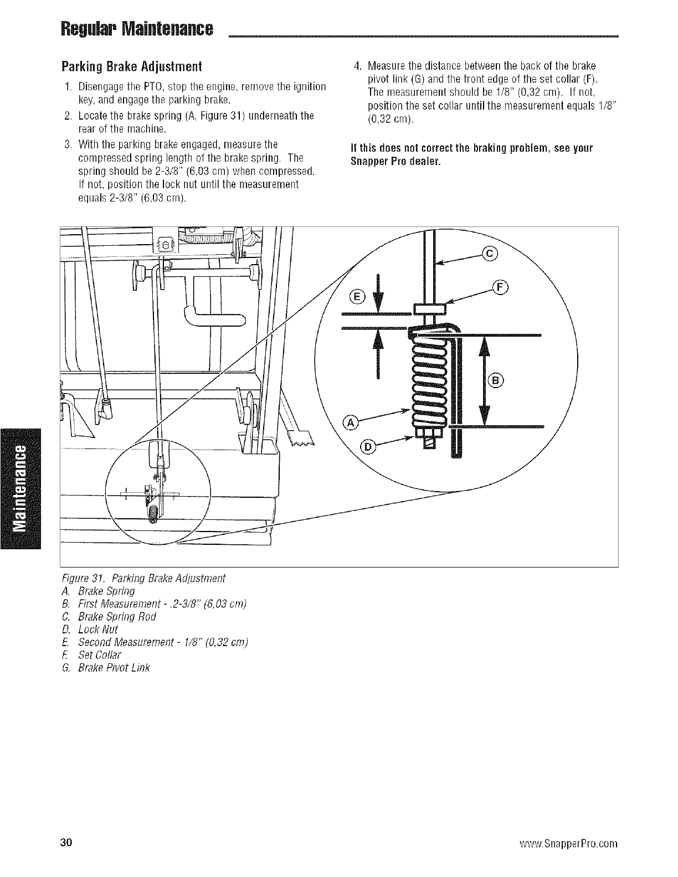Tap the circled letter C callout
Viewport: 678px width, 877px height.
coord(491,254)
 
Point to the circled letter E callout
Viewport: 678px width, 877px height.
coord(358,297)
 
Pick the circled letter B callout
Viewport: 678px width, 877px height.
coord(496,380)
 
